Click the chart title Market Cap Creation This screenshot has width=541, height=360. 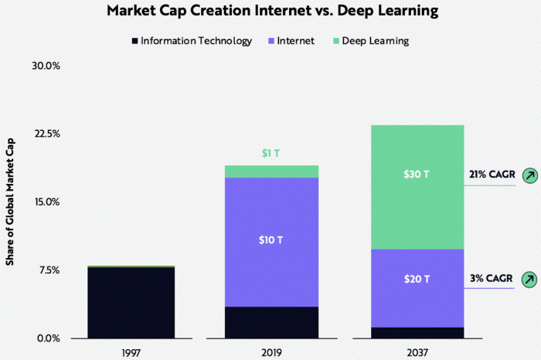270,12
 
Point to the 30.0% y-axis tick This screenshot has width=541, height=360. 46,66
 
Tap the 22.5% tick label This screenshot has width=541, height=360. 46,134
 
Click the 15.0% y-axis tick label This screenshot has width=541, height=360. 46,202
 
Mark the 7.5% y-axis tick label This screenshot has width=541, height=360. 47,270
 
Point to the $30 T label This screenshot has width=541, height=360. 416,175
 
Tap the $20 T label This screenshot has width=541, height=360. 416,279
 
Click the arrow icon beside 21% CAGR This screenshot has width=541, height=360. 529,175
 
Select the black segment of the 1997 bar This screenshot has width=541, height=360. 131,303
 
